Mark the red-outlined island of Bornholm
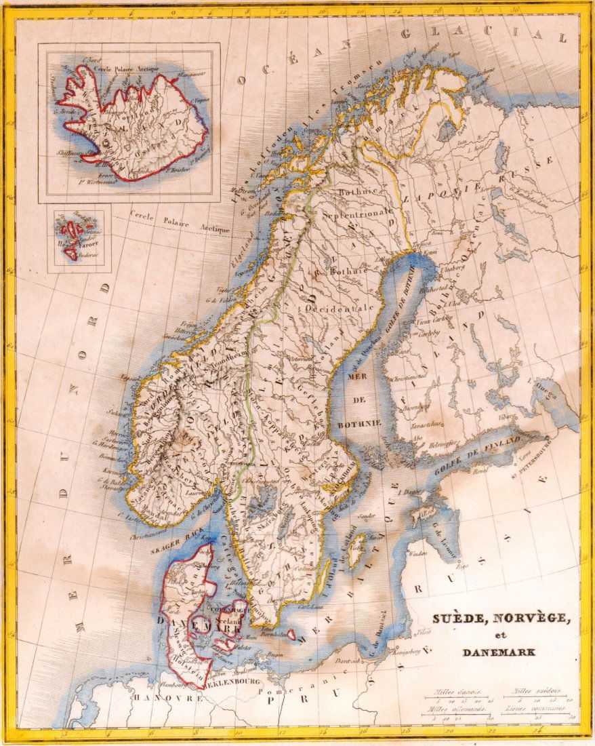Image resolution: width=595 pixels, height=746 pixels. click(290, 635)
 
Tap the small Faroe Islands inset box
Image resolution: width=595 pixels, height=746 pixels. click(79, 240)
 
